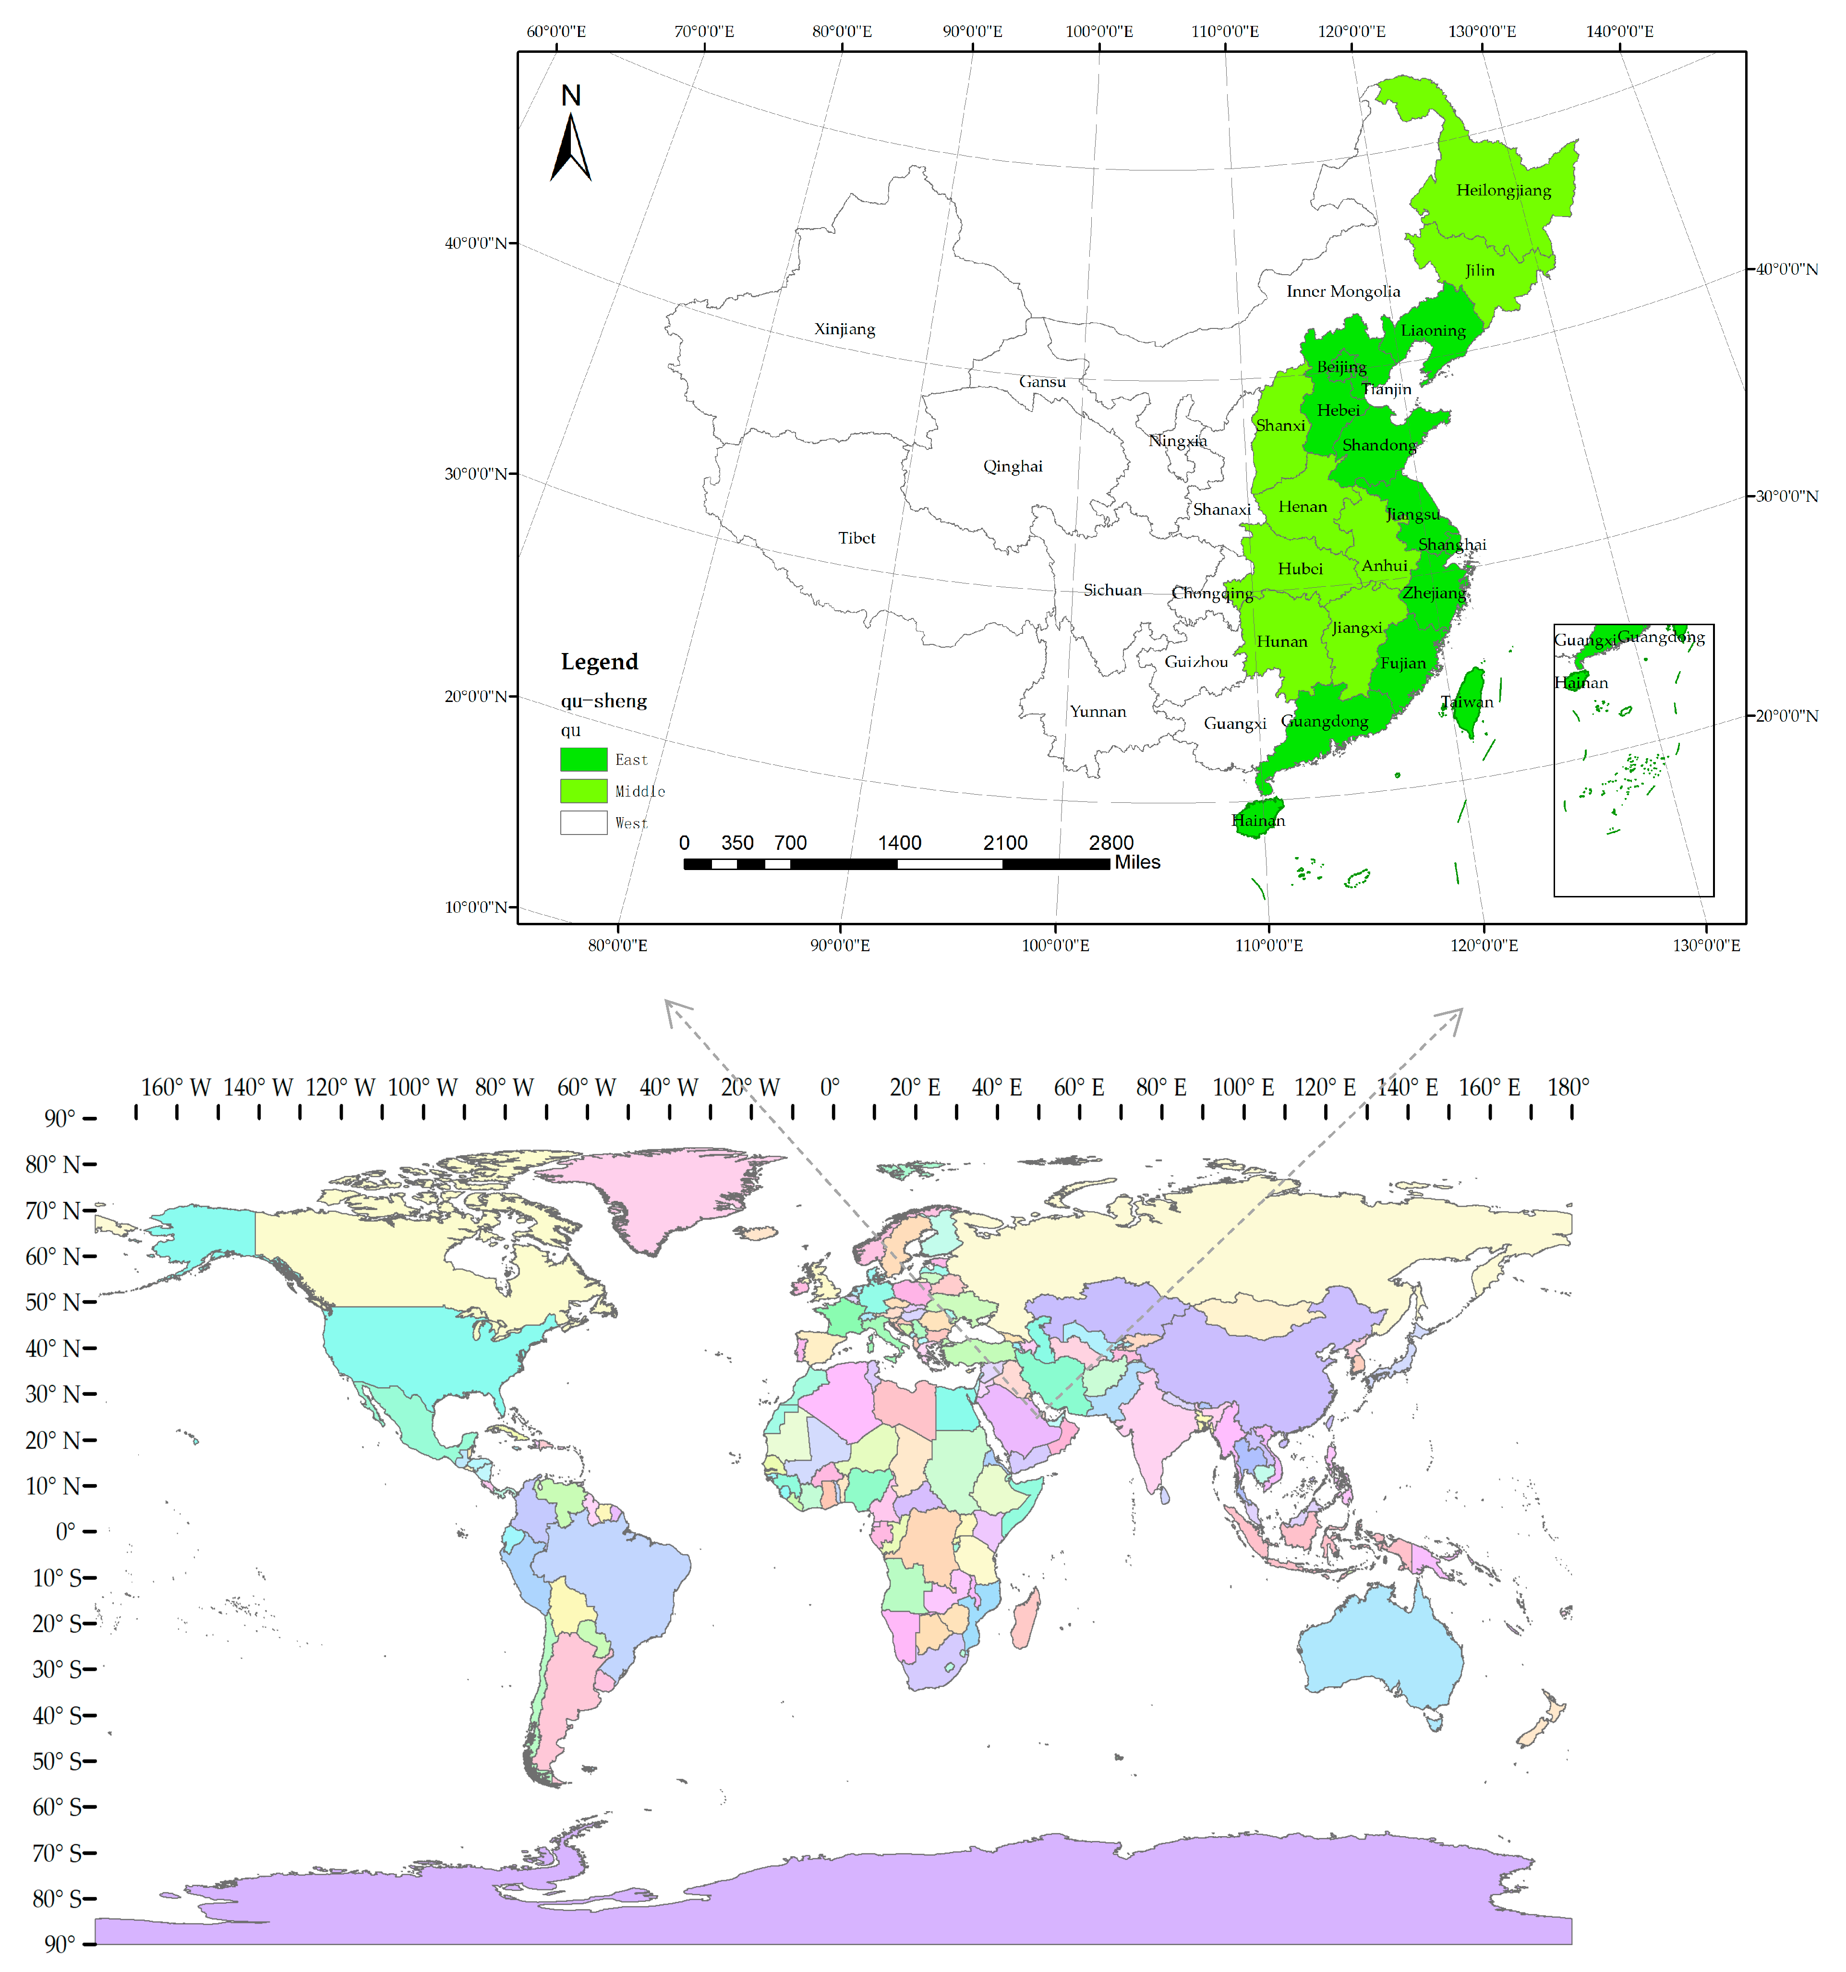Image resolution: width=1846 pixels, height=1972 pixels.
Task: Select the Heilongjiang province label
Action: click(x=1503, y=191)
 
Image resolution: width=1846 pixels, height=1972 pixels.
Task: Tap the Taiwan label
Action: click(x=1466, y=702)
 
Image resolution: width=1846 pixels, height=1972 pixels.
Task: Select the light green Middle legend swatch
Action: click(x=583, y=791)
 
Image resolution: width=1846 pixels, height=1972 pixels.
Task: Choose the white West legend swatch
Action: click(x=583, y=823)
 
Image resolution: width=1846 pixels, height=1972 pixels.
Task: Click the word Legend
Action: click(x=599, y=662)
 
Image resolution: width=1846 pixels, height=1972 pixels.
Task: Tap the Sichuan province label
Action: click(x=1112, y=590)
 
